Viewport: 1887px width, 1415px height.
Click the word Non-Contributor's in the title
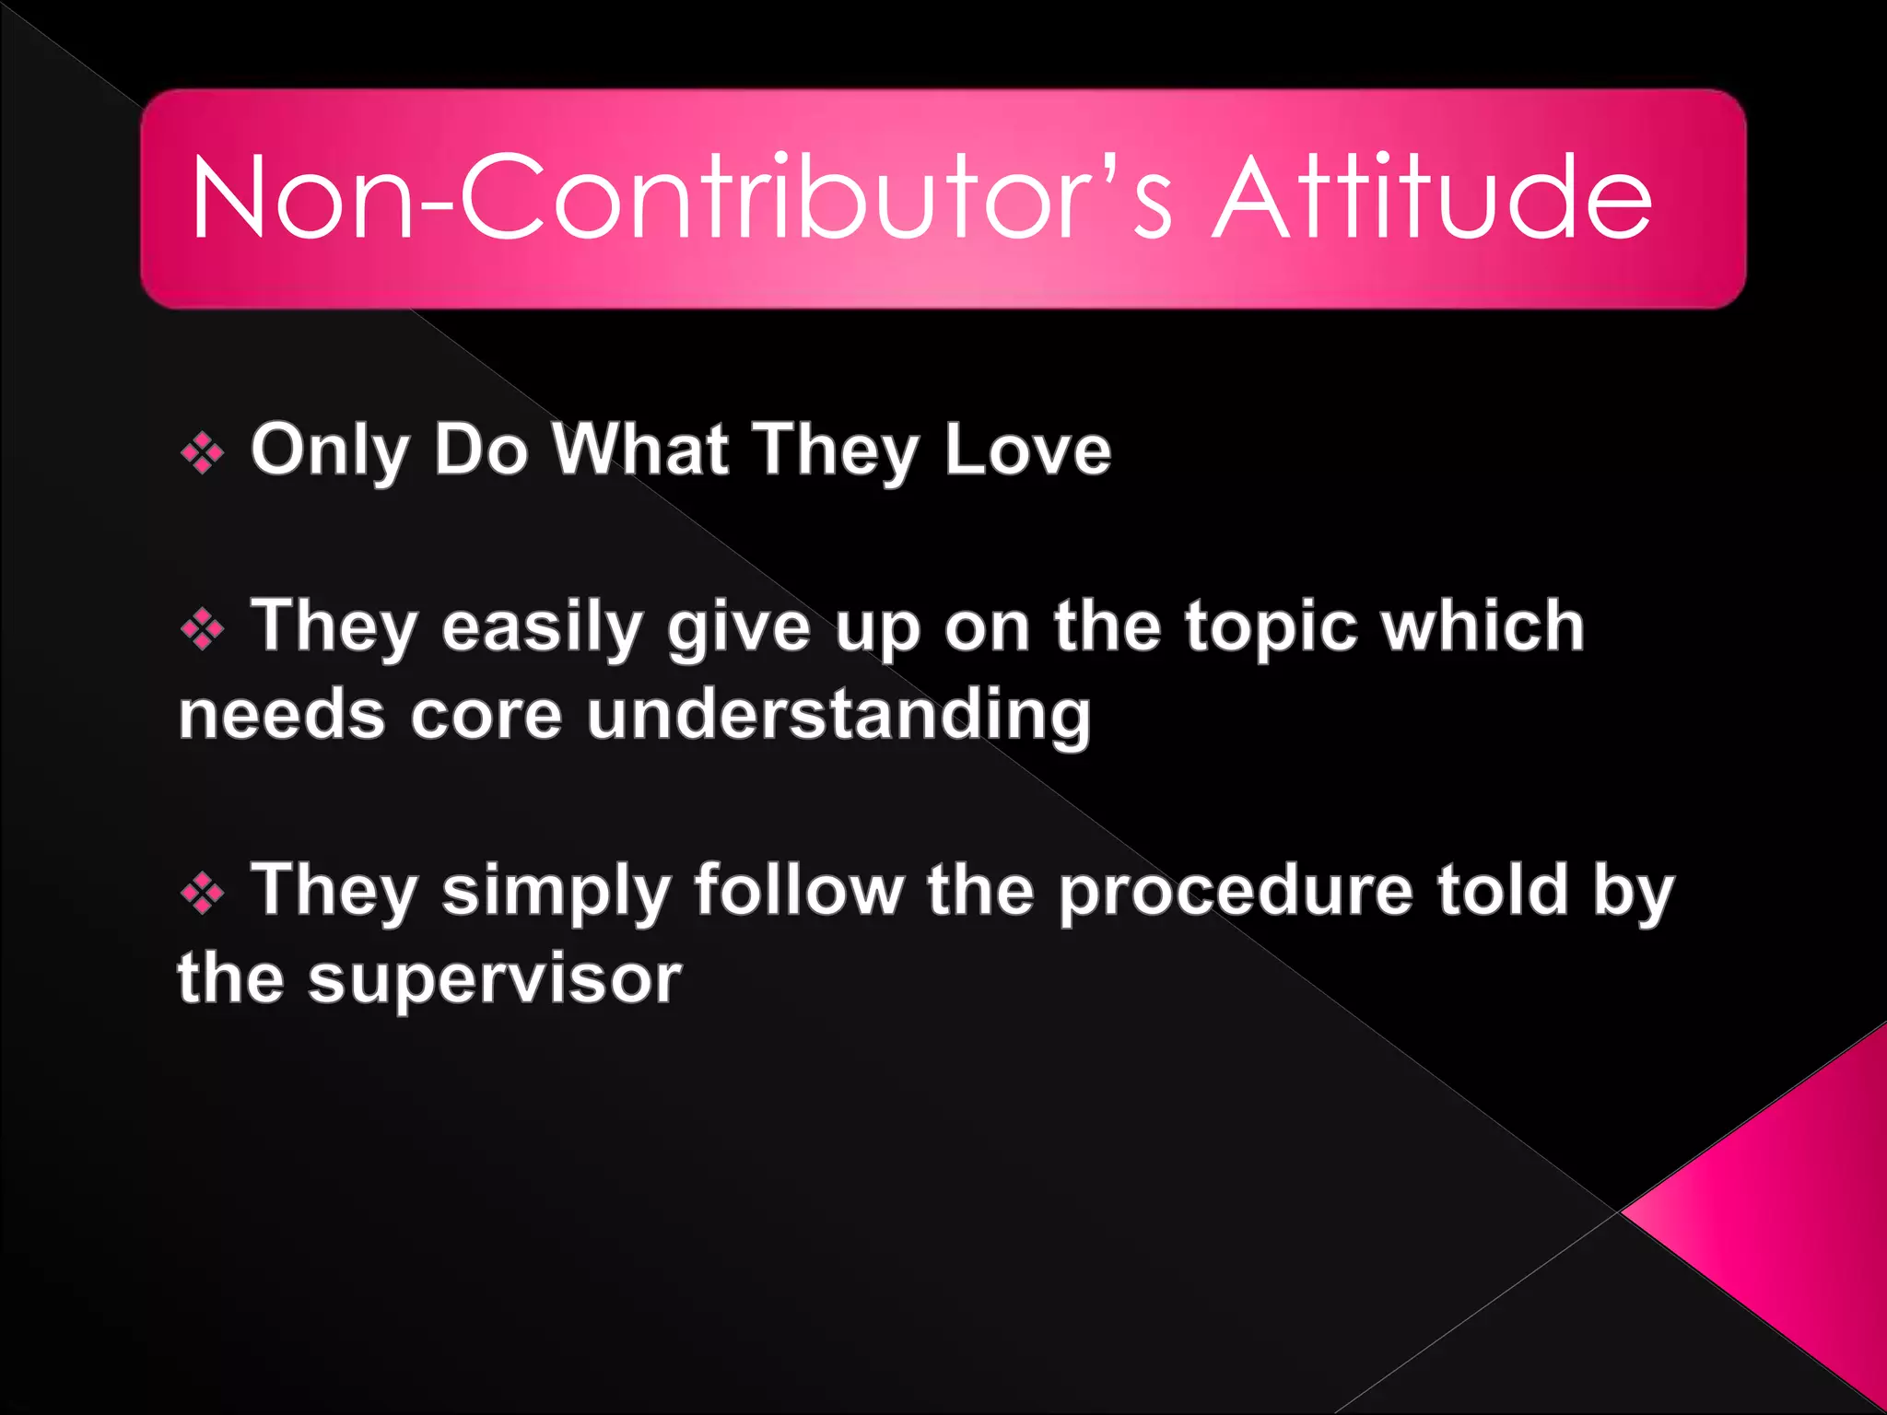click(682, 198)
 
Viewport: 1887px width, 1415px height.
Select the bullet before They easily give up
click(203, 630)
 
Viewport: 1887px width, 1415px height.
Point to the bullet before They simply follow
click(203, 893)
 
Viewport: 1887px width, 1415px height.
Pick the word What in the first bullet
click(641, 450)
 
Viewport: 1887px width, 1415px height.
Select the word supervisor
click(495, 980)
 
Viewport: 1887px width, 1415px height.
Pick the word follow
click(799, 890)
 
